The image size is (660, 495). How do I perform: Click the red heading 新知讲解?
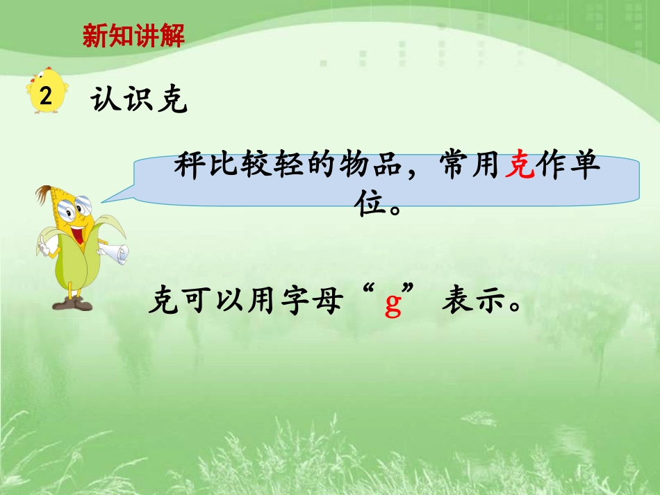(133, 36)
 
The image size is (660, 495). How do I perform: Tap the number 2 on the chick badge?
(47, 96)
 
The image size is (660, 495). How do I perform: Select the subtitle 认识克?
(139, 101)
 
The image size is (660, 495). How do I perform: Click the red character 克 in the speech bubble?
(520, 167)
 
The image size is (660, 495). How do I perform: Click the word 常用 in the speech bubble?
(470, 167)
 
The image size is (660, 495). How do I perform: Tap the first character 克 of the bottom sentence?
(163, 303)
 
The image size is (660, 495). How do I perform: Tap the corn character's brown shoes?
(72, 303)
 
